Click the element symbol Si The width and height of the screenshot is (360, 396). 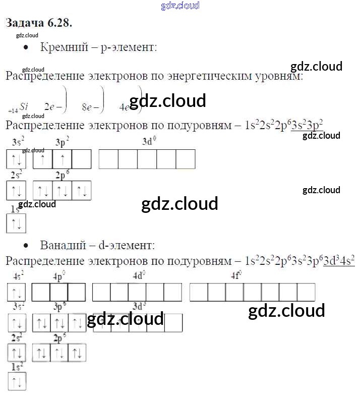24,106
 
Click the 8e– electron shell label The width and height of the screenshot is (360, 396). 89,107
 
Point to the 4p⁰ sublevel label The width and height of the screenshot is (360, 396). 59,276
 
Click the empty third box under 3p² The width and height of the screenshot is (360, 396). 82,159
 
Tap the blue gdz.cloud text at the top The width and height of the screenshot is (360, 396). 180,6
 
